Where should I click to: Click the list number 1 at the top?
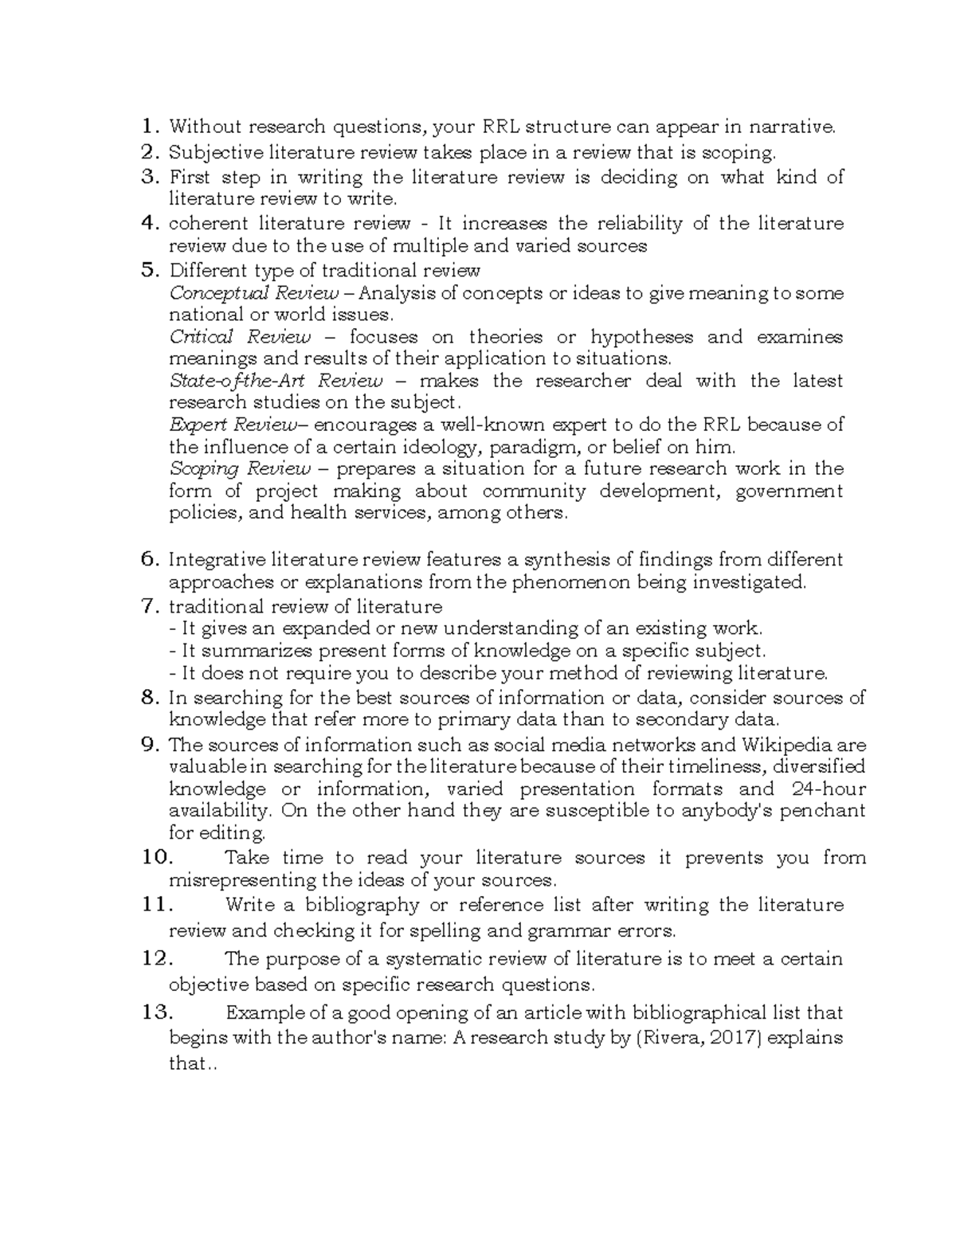[x=149, y=127]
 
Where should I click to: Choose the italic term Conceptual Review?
[x=254, y=293]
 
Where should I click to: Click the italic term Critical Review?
[x=240, y=337]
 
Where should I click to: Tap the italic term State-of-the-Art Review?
[x=276, y=381]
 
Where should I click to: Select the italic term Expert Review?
[x=232, y=425]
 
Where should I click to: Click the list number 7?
[x=150, y=607]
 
